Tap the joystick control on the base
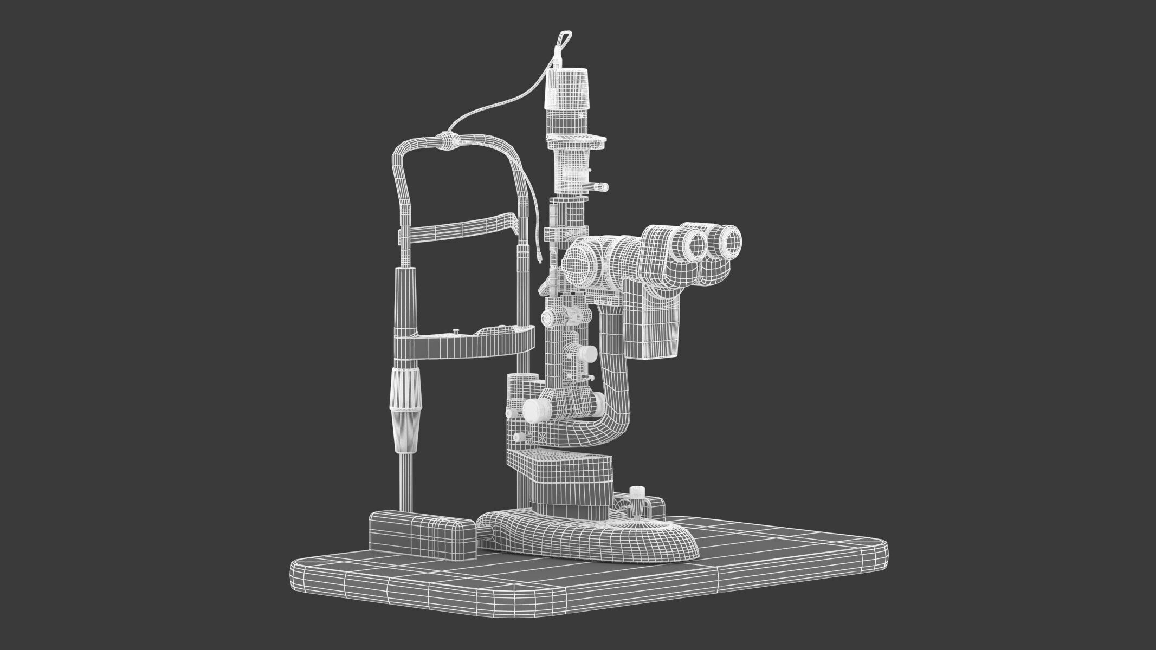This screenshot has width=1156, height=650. click(x=637, y=501)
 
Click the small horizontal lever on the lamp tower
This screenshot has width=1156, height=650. click(x=598, y=186)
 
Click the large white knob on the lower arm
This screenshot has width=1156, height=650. click(x=535, y=410)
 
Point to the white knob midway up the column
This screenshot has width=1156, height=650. click(x=585, y=354)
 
